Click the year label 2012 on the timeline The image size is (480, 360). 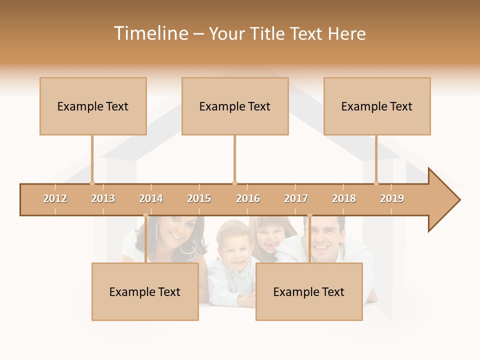[x=55, y=198]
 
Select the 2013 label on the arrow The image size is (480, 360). [x=103, y=198]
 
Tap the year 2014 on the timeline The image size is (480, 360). [x=151, y=198]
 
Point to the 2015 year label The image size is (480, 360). [x=199, y=198]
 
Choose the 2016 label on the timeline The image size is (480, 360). [x=248, y=198]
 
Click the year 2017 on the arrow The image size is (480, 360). [x=296, y=198]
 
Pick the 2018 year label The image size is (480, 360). [x=344, y=198]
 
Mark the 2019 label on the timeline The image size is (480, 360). [x=392, y=198]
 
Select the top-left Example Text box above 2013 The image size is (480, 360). [x=93, y=106]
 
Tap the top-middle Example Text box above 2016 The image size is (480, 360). [x=235, y=106]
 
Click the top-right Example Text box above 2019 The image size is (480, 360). [x=377, y=106]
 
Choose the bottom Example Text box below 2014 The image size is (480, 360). [x=145, y=291]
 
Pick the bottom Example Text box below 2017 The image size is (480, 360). [x=309, y=291]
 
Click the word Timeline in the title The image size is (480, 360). [x=150, y=33]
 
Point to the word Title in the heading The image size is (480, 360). [x=268, y=33]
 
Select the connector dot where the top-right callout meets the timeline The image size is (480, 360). [x=376, y=183]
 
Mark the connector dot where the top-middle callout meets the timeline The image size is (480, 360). [x=234, y=183]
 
